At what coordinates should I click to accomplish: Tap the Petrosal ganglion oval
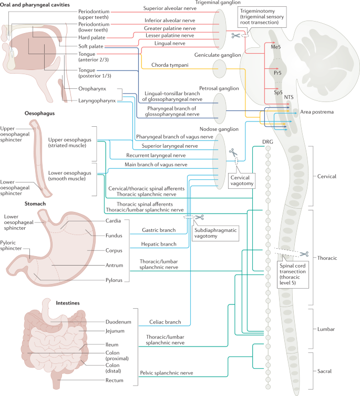tap(219, 107)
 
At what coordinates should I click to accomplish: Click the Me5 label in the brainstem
tap(275, 47)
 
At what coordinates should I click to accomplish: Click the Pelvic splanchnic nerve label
tap(166, 372)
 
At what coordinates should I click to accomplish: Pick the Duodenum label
tap(117, 321)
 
